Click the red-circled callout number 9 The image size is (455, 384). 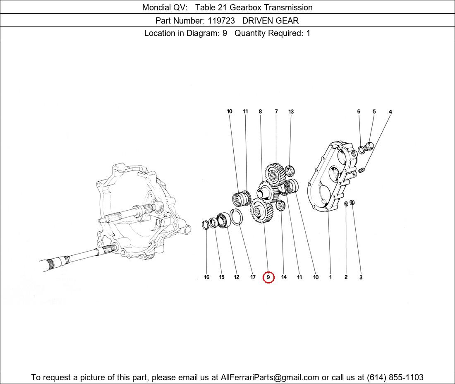(268, 277)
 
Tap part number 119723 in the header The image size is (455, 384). (221, 21)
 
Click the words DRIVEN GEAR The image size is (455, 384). (271, 21)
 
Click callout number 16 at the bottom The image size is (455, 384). (206, 277)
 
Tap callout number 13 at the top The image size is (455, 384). (291, 111)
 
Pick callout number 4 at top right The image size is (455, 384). (390, 112)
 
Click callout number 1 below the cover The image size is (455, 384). (330, 277)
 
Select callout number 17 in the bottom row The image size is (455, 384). (253, 277)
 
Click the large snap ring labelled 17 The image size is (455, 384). (237, 217)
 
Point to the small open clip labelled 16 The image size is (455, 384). (205, 225)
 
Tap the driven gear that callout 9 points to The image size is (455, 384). (261, 211)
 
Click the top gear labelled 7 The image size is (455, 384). (275, 174)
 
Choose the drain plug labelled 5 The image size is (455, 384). (369, 146)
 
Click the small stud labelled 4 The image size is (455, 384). (362, 170)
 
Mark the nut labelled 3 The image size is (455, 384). (352, 202)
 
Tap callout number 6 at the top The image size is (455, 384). (359, 111)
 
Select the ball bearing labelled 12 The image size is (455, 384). (223, 220)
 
